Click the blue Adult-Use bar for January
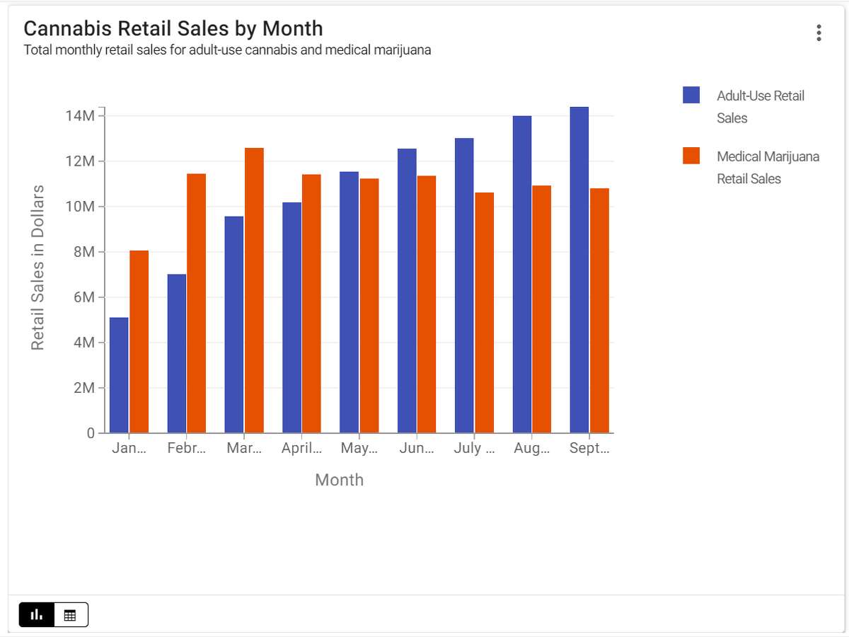click(x=119, y=375)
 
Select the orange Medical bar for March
click(x=254, y=290)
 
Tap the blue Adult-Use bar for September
click(x=579, y=270)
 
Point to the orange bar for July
click(x=485, y=312)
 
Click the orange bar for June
click(x=427, y=304)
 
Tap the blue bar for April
click(x=291, y=318)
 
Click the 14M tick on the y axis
click(x=79, y=115)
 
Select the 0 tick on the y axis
click(x=91, y=433)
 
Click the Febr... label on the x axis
click(x=187, y=448)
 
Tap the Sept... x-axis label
click(x=589, y=448)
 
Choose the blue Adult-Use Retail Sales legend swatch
click(x=691, y=96)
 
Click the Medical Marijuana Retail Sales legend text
click(x=768, y=167)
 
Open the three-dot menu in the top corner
click(x=819, y=33)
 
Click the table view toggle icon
click(x=70, y=615)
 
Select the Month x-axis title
click(x=339, y=480)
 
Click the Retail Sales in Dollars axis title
click(x=37, y=268)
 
